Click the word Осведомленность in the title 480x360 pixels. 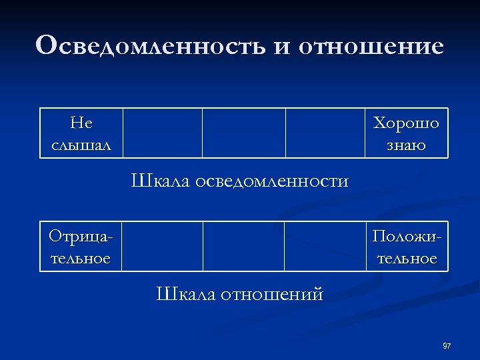[149, 46]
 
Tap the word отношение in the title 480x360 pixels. [371, 46]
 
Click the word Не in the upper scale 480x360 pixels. [81, 123]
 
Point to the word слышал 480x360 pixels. [81, 144]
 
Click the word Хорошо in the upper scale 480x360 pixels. [406, 123]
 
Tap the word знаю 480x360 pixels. [406, 144]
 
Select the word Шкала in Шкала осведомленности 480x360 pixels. [160, 181]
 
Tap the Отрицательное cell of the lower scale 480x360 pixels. [81, 247]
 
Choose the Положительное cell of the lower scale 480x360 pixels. [407, 247]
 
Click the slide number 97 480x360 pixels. [447, 346]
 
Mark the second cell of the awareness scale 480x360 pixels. [162, 133]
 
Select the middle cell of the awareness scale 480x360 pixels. [244, 133]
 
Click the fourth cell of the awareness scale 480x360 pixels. [325, 133]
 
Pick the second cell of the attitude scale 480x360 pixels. [162, 247]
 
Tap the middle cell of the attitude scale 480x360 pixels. [243, 247]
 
